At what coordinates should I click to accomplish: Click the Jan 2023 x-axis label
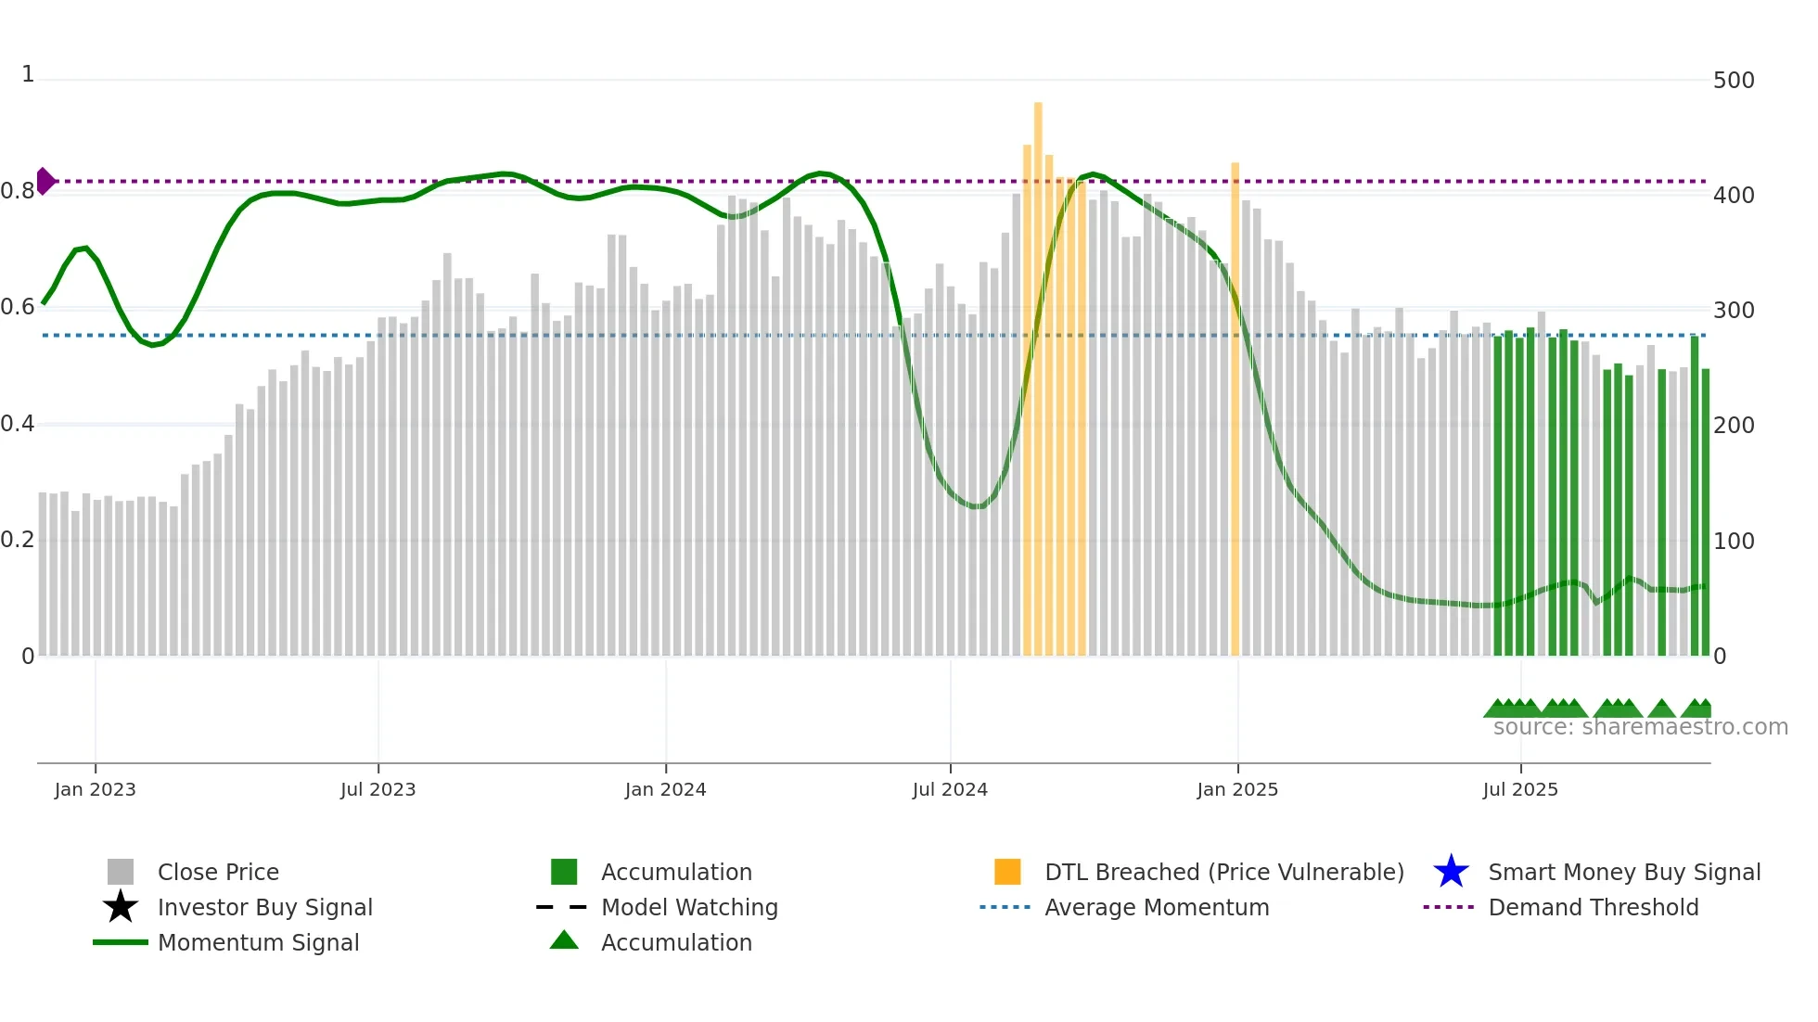click(95, 790)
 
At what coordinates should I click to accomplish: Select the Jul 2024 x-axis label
click(950, 790)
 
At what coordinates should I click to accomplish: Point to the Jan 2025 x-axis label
click(1237, 790)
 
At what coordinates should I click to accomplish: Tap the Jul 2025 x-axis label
click(1520, 790)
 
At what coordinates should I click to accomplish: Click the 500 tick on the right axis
click(1734, 81)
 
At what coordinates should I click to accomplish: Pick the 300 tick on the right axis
click(1734, 311)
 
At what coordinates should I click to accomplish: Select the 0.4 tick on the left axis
click(18, 425)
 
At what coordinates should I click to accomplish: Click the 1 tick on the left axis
click(28, 75)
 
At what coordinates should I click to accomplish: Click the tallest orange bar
click(1038, 371)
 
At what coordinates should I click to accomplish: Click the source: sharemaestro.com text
click(1640, 727)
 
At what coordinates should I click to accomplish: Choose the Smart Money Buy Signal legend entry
click(1623, 873)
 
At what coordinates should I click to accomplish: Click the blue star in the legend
click(1451, 872)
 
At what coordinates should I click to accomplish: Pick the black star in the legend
click(121, 907)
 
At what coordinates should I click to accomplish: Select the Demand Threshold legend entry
click(1593, 908)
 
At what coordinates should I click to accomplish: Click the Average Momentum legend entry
click(1156, 908)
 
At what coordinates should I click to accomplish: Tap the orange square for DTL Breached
click(1007, 872)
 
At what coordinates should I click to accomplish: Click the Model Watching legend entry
click(688, 908)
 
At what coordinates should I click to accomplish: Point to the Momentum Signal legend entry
click(258, 943)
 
